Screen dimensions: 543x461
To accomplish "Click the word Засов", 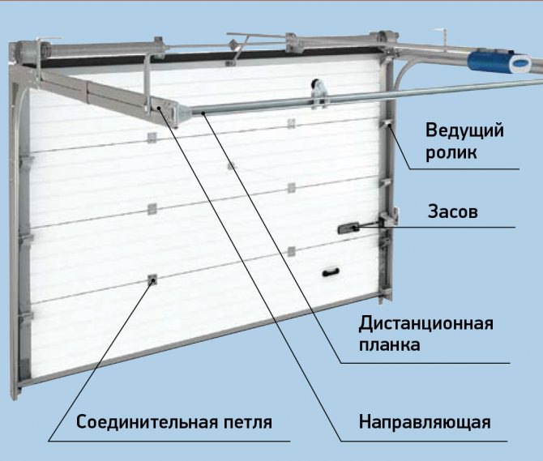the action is click(x=452, y=211).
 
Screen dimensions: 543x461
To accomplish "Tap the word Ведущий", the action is click(x=464, y=130).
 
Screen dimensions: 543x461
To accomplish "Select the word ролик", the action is click(x=451, y=152).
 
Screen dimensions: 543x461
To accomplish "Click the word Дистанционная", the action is click(x=426, y=324).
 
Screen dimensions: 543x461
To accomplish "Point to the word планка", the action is click(x=389, y=344).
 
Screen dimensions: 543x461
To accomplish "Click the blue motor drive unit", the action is click(x=499, y=62).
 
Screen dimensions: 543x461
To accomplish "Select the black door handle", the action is click(x=331, y=272).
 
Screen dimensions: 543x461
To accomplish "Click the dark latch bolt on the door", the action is click(x=348, y=228).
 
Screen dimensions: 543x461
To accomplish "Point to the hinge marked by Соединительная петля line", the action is click(x=152, y=280).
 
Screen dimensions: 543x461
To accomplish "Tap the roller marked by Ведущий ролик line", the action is click(x=387, y=124).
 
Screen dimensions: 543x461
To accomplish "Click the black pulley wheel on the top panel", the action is click(x=317, y=86).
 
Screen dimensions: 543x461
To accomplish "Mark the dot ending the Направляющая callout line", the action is click(x=159, y=109).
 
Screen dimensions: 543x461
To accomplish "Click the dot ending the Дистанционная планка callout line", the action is click(x=203, y=113).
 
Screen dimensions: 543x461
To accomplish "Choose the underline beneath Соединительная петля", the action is click(x=169, y=441).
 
